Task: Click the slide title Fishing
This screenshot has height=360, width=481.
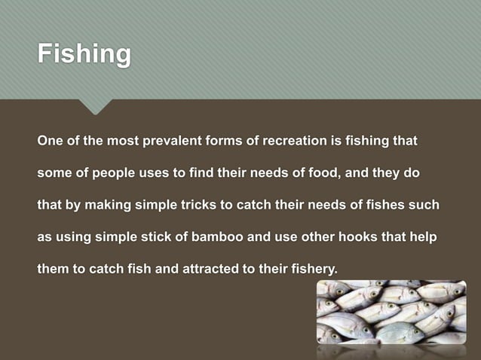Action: (x=84, y=55)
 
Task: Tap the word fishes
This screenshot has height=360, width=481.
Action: (x=369, y=205)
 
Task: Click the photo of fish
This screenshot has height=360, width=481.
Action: (x=391, y=312)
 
